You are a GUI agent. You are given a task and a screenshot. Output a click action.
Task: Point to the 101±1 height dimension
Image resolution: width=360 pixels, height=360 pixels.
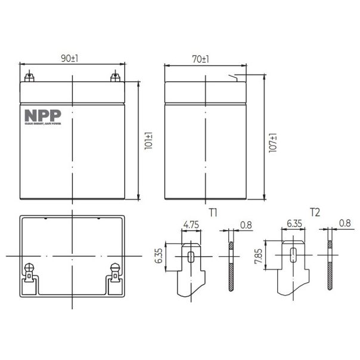[x=149, y=142]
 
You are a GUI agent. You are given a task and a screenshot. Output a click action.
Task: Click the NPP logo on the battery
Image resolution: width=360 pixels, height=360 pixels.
[x=39, y=116]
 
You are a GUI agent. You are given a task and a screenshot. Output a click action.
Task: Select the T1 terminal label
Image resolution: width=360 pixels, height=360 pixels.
[x=213, y=212]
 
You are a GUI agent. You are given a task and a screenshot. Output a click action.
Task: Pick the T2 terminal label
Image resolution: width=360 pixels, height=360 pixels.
[x=314, y=212]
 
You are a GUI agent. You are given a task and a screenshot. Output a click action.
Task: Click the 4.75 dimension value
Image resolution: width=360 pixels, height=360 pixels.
[x=191, y=225]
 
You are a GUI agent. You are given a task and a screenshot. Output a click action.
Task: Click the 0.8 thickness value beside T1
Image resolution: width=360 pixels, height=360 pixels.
[x=246, y=225]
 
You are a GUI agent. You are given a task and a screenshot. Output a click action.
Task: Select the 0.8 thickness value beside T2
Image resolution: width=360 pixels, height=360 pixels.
[x=345, y=225]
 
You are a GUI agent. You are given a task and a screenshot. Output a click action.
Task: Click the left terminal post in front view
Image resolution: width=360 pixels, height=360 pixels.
[x=29, y=77]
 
